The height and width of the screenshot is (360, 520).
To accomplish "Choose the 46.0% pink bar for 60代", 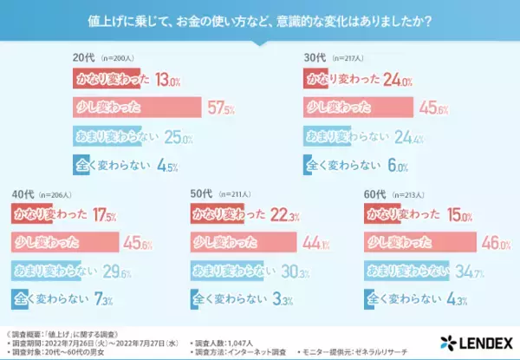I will tap(416, 242).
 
